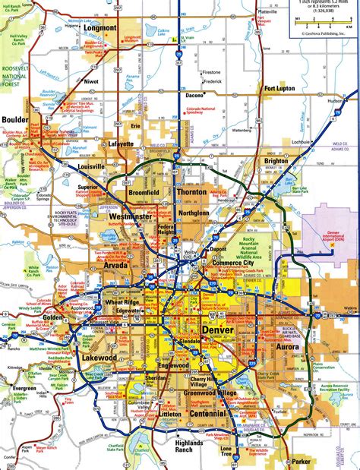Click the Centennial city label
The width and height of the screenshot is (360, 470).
pos(206,415)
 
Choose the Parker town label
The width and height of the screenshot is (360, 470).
pos(302,461)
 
